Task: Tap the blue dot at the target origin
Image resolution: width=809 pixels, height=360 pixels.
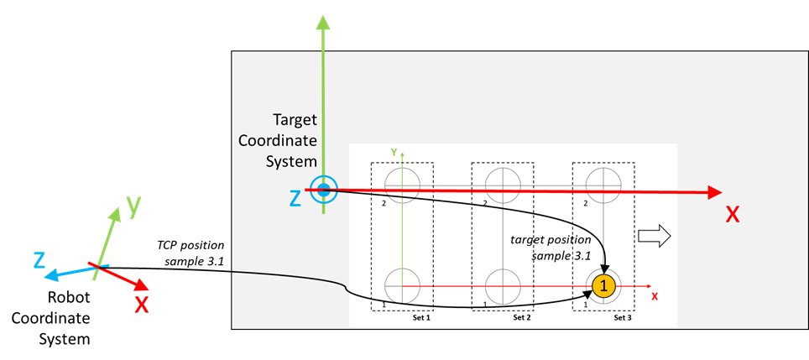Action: (323, 190)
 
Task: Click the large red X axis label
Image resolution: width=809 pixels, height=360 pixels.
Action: (733, 215)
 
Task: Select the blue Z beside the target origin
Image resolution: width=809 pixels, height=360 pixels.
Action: (295, 199)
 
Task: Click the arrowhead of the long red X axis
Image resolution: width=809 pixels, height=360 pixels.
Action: (713, 192)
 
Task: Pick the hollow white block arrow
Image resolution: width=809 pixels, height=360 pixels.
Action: (655, 237)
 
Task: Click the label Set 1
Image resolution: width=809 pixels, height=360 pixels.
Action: (421, 318)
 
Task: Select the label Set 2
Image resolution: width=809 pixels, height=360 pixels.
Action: (521, 318)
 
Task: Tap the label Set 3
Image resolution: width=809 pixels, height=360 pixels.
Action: (622, 318)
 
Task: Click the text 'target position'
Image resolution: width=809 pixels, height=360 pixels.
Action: (551, 240)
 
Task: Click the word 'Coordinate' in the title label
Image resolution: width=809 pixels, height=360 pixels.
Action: (278, 140)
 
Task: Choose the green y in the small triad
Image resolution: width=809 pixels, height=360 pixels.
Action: (133, 205)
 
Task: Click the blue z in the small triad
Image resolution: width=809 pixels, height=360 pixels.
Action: (39, 261)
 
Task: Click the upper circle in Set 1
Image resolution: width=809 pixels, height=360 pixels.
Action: (403, 184)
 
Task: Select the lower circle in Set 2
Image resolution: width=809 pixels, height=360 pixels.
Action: (503, 286)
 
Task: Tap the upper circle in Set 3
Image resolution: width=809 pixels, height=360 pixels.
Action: (603, 184)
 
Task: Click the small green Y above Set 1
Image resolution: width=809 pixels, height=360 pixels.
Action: (394, 153)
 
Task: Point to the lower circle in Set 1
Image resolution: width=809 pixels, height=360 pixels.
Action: (403, 286)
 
